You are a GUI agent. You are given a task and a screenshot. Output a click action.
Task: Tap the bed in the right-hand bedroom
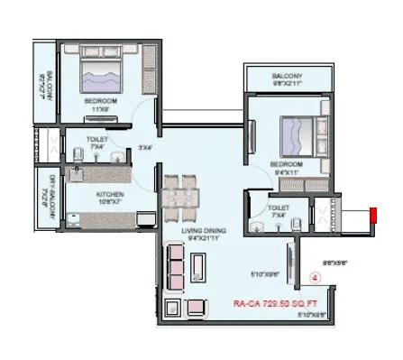(x=297, y=137)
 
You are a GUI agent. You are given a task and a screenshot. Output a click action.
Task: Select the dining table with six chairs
(x=181, y=193)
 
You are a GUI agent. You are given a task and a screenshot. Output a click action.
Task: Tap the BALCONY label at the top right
(x=289, y=77)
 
